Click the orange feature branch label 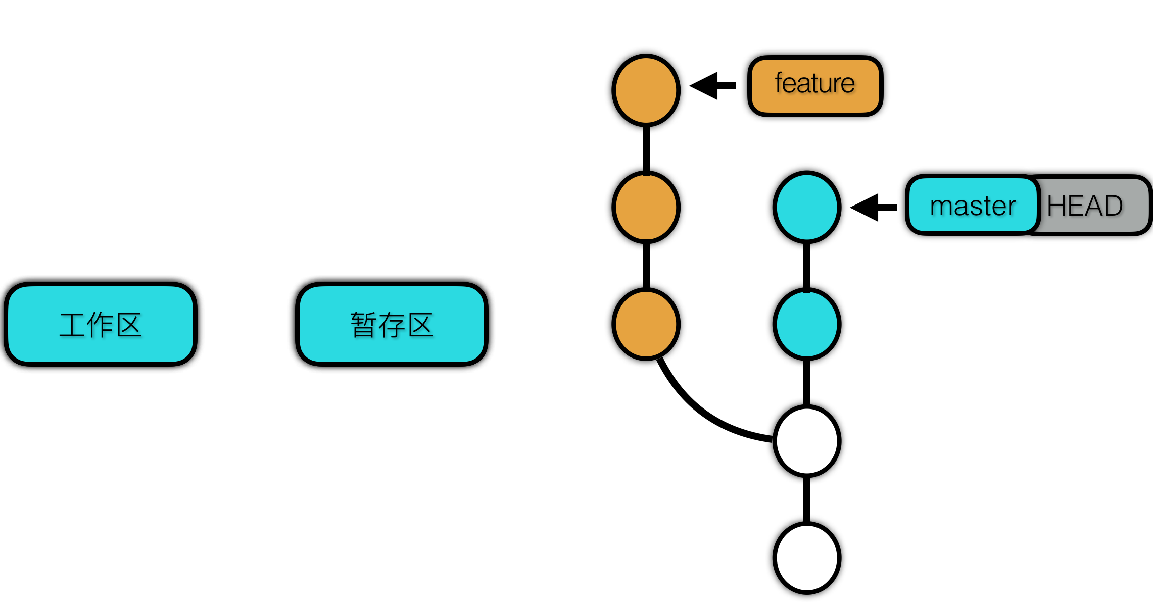(x=815, y=86)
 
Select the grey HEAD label (x=1091, y=206)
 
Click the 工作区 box (x=101, y=324)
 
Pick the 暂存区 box (x=392, y=324)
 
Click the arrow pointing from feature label (x=712, y=86)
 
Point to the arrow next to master (x=873, y=207)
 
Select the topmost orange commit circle (x=646, y=90)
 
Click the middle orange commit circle (x=646, y=207)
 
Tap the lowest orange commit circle (x=646, y=324)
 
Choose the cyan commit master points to (x=807, y=207)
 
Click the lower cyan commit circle (x=807, y=324)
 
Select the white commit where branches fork (x=807, y=441)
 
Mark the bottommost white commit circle (x=807, y=558)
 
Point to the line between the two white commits (x=807, y=499)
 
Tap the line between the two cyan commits (x=807, y=266)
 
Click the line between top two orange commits (x=646, y=148)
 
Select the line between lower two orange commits (x=646, y=266)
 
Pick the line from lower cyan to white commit (x=807, y=382)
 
